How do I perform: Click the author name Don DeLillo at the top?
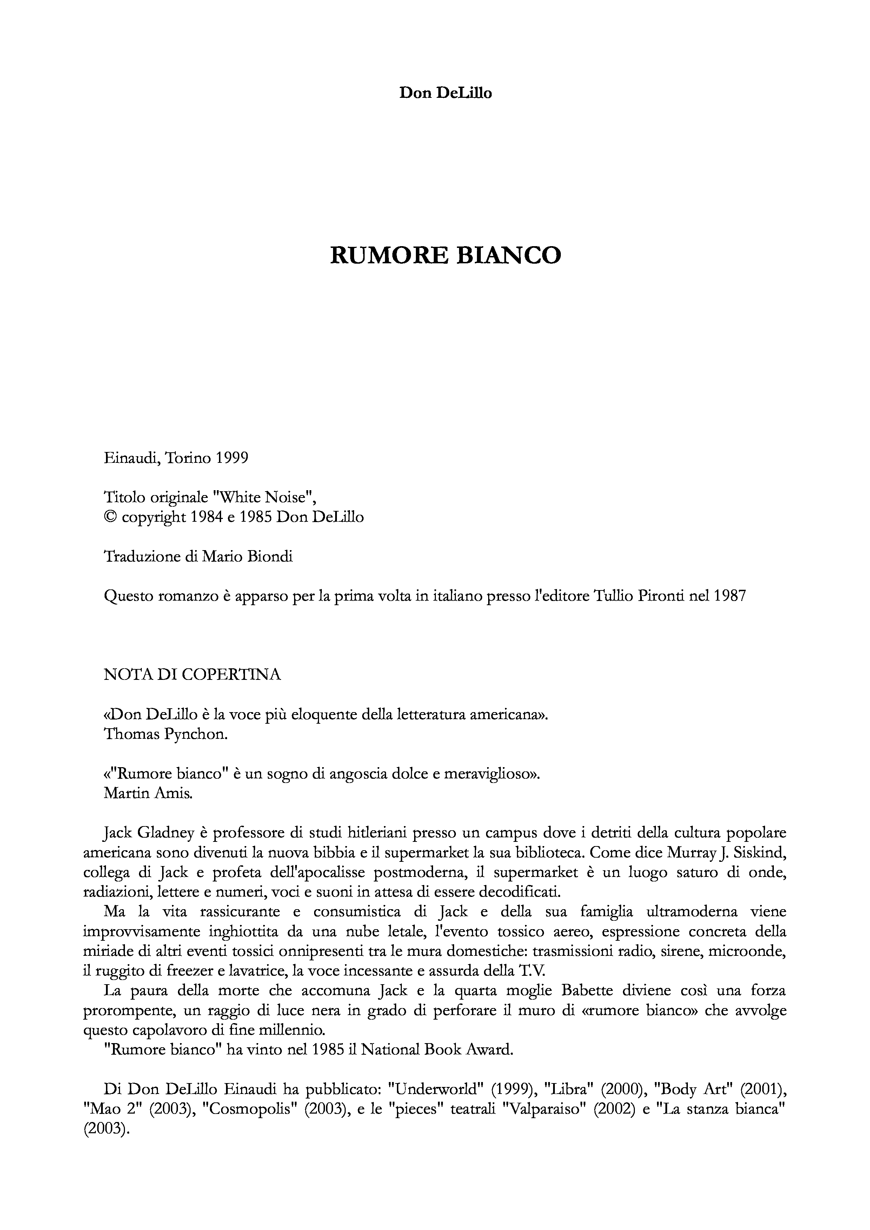445,93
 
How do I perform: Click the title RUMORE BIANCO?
445,255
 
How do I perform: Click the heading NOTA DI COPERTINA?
192,675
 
